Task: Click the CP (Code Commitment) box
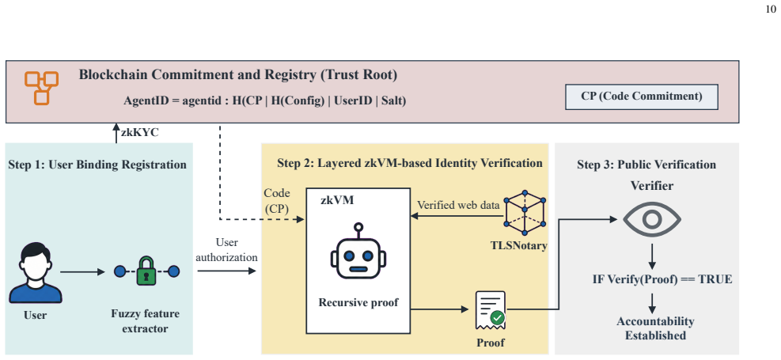coord(642,97)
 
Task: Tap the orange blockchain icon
coord(42,88)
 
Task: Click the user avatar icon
coord(36,273)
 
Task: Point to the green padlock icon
coord(146,271)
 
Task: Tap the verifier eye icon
coord(652,219)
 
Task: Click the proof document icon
coord(490,310)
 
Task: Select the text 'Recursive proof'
coord(358,302)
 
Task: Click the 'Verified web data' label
coord(458,205)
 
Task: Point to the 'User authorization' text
coord(227,250)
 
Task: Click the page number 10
coord(770,9)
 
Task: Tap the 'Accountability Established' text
coord(655,328)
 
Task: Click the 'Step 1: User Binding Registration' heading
coord(97,165)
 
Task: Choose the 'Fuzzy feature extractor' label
coord(146,322)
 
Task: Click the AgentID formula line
coord(265,100)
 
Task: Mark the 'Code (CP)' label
coord(276,201)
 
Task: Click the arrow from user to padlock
coord(83,272)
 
